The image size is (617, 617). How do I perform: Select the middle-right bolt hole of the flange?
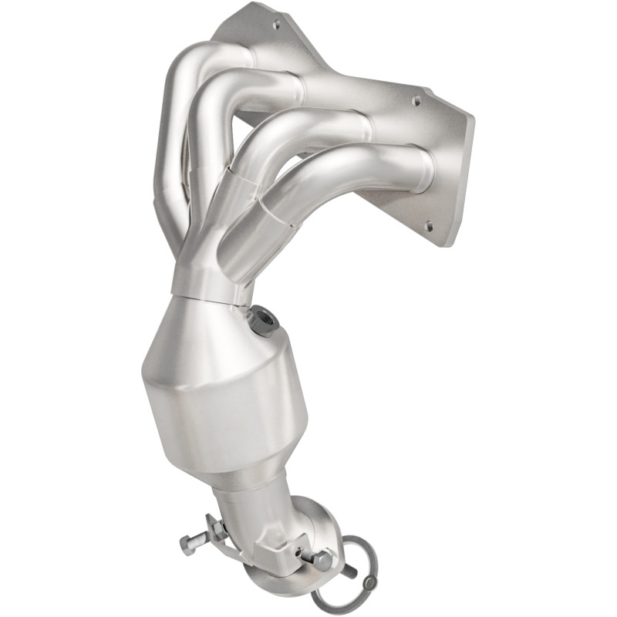click(x=417, y=100)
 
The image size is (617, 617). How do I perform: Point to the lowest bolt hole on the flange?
click(x=428, y=225)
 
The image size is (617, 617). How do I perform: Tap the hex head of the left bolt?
click(x=186, y=543)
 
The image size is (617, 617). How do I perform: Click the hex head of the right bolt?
click(x=323, y=560)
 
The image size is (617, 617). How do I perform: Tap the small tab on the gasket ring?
click(x=371, y=582)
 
